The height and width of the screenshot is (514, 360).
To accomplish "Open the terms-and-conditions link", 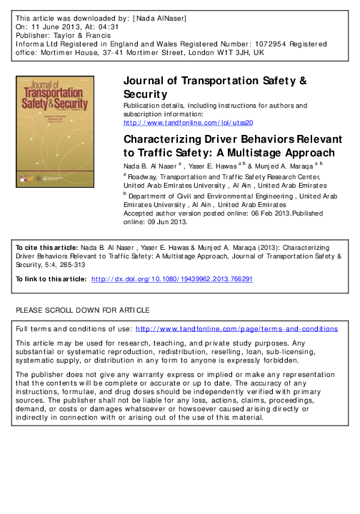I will (x=236, y=329).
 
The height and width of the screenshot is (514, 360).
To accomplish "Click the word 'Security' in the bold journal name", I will (x=145, y=94).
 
